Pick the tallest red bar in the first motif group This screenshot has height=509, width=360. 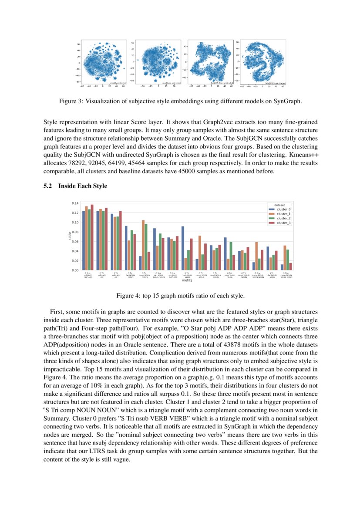click(x=92, y=237)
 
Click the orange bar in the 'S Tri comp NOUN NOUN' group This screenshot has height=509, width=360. click(x=143, y=245)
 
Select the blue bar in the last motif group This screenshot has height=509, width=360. click(x=282, y=267)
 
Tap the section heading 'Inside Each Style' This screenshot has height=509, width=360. click(x=83, y=186)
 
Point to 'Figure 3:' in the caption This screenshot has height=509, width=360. click(x=71, y=101)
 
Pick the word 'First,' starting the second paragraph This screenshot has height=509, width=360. click(x=59, y=312)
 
